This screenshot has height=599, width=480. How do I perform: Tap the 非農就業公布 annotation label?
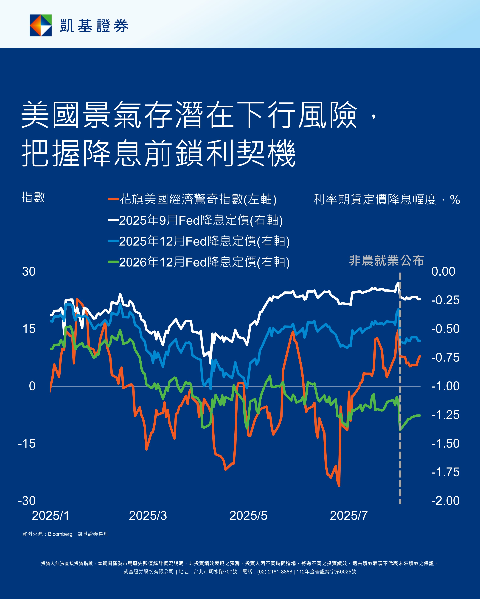pyautogui.click(x=386, y=261)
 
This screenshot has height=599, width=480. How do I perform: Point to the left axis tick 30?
pyautogui.click(x=29, y=271)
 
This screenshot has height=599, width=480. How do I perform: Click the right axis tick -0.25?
pyautogui.click(x=445, y=300)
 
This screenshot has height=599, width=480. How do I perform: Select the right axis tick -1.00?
pyautogui.click(x=445, y=386)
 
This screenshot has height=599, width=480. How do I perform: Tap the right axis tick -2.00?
pyautogui.click(x=445, y=501)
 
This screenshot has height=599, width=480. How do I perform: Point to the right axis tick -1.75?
pyautogui.click(x=445, y=472)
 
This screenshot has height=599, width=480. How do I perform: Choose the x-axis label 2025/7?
pyautogui.click(x=349, y=516)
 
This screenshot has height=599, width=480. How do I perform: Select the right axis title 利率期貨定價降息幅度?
pyautogui.click(x=375, y=199)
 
